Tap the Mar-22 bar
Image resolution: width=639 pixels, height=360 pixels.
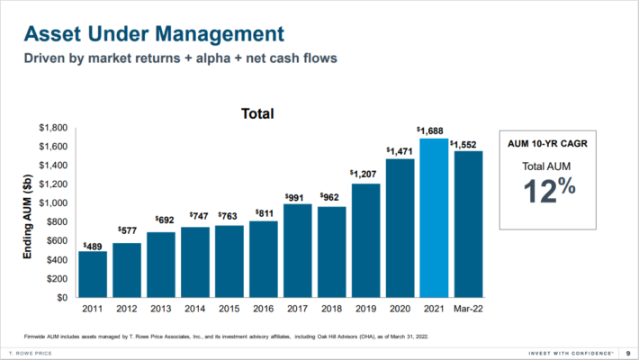[469, 224]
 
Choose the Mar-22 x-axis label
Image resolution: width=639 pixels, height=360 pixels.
[469, 310]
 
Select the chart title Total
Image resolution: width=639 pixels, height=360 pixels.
[257, 114]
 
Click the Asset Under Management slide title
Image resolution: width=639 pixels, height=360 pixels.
[153, 34]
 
